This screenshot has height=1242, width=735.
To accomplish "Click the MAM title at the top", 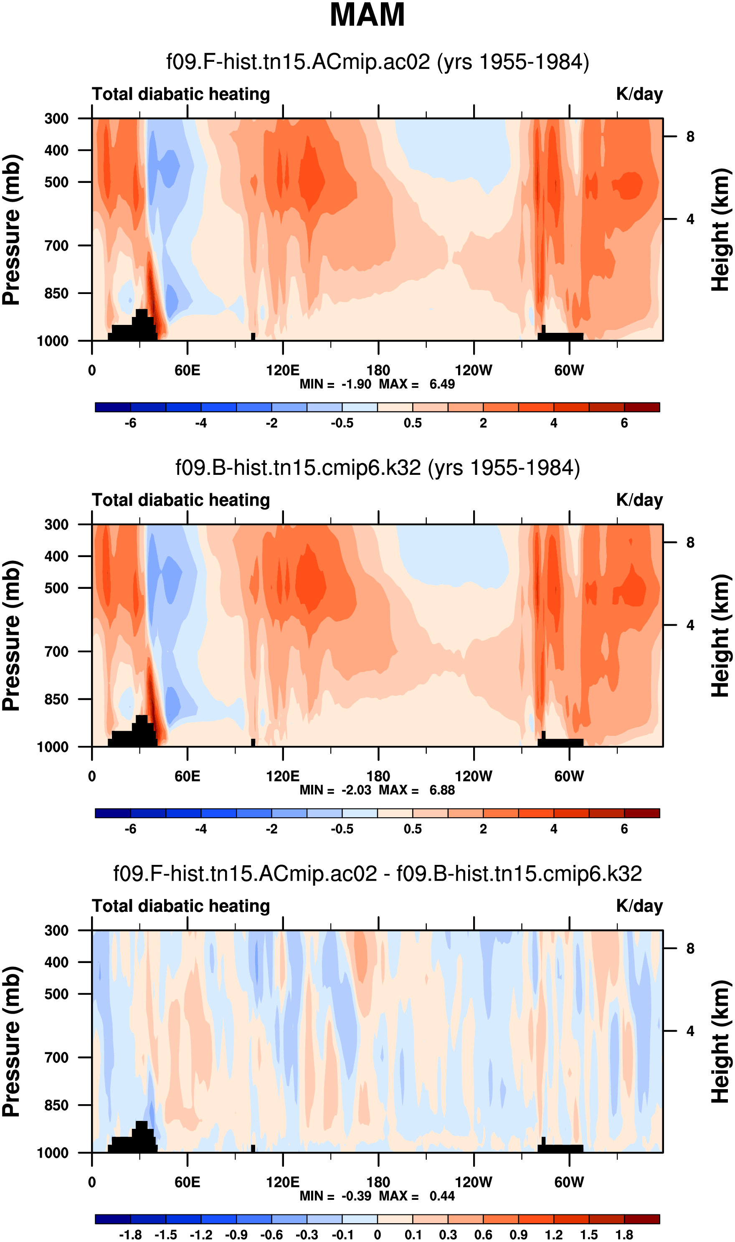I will pyautogui.click(x=367, y=15).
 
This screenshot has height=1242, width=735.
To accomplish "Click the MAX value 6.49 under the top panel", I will pyautogui.click(x=442, y=384).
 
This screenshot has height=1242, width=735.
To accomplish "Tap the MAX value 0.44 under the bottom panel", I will pyautogui.click(x=442, y=1196).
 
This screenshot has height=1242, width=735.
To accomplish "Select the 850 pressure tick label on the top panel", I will pyautogui.click(x=56, y=293).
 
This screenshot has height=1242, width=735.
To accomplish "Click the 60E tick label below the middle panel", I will pyautogui.click(x=187, y=776).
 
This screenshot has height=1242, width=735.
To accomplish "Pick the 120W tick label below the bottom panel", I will pyautogui.click(x=474, y=1182).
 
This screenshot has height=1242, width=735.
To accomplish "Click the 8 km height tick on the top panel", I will pyautogui.click(x=690, y=137).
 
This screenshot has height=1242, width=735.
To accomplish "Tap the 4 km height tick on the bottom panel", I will pyautogui.click(x=690, y=1031).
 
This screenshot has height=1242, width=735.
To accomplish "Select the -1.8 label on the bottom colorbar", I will pyautogui.click(x=130, y=1235).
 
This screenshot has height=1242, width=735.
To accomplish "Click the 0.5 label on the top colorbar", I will pyautogui.click(x=413, y=423).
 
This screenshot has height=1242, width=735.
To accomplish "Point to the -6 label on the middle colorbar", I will pyautogui.click(x=130, y=829).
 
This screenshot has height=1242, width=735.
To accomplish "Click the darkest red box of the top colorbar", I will pyautogui.click(x=642, y=408).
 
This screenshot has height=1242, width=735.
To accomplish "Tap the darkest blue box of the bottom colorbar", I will pyautogui.click(x=113, y=1219).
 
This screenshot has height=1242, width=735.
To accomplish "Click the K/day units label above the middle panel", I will pyautogui.click(x=639, y=500).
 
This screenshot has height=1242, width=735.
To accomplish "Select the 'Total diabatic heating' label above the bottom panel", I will pyautogui.click(x=181, y=906).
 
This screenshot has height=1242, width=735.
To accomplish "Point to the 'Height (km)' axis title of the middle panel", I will pyautogui.click(x=721, y=636).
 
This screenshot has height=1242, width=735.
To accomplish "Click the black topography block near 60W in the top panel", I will pyautogui.click(x=561, y=337).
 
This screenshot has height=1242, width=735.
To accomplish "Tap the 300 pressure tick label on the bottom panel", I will pyautogui.click(x=56, y=930).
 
